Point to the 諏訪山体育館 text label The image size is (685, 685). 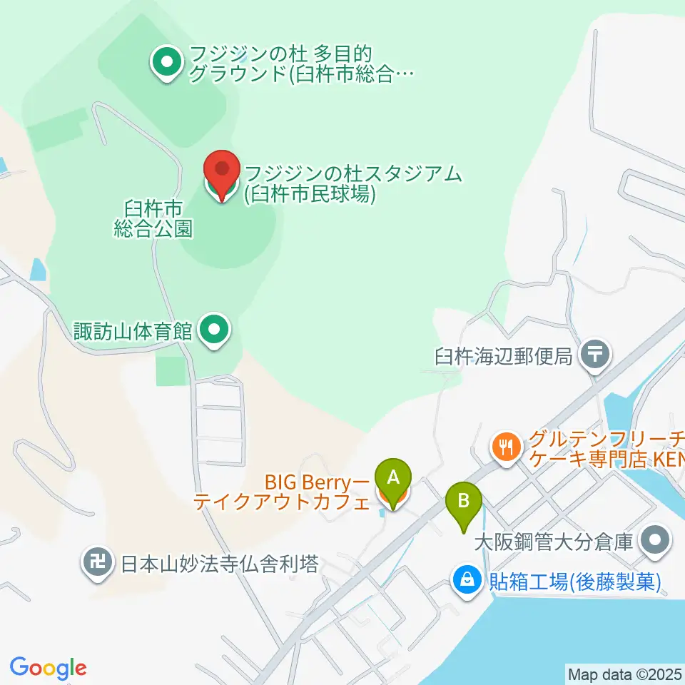point(133,331)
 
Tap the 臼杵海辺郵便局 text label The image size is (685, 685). point(504,356)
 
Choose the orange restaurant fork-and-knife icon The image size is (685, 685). point(507,447)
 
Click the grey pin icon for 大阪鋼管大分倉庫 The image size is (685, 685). point(654,541)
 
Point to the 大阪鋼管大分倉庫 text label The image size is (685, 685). point(554,542)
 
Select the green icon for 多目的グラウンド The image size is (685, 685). point(166,64)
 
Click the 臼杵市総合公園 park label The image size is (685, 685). point(153,218)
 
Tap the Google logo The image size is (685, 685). point(48,668)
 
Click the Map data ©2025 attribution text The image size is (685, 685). point(624,673)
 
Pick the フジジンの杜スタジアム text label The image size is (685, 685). point(352,183)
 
